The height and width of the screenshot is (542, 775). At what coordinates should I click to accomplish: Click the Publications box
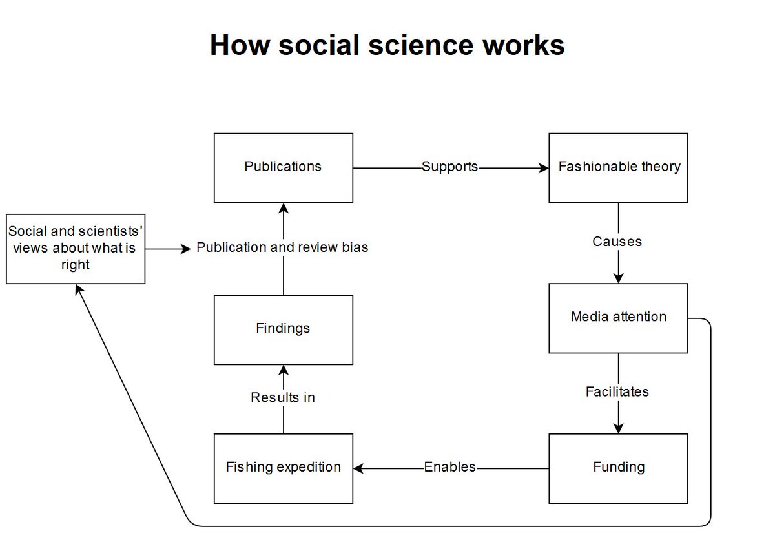(x=283, y=167)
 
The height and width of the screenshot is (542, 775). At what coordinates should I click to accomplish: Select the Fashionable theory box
(x=618, y=167)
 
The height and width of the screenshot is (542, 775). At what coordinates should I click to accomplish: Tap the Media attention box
(x=618, y=317)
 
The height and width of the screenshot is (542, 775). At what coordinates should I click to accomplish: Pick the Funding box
(x=618, y=467)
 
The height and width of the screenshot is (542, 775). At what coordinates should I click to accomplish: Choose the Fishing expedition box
(x=283, y=468)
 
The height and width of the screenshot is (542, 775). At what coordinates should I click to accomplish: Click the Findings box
(x=283, y=329)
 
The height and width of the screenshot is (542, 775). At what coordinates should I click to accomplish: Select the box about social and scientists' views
(x=76, y=249)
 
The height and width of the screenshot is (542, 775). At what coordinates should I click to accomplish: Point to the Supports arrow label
(x=449, y=167)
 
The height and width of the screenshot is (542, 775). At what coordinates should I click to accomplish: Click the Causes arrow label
(x=617, y=242)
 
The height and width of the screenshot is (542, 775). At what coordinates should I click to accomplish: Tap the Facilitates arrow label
(x=617, y=391)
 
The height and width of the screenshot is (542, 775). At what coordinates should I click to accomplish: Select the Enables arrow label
(x=449, y=467)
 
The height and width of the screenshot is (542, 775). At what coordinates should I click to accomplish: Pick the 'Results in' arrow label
(x=283, y=398)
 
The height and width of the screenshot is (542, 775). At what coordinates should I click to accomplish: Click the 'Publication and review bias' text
(x=282, y=247)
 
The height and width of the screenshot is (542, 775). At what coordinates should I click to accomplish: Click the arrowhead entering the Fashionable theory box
(x=544, y=168)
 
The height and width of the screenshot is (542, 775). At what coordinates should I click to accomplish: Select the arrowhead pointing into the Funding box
(x=619, y=428)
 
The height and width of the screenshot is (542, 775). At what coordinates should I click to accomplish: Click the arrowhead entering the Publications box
(x=283, y=208)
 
